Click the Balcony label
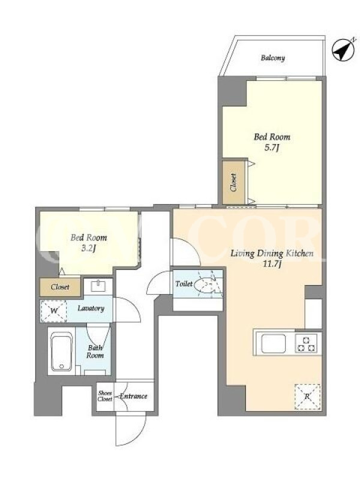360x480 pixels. coord(273,58)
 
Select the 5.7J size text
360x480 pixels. coord(272,148)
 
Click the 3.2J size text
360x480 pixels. coord(89,248)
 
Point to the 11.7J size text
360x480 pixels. coord(272,265)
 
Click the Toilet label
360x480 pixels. coord(184,284)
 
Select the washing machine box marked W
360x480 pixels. coord(53,311)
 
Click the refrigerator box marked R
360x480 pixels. coord(307,397)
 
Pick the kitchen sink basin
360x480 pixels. coord(274,343)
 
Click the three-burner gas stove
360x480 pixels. coord(307,343)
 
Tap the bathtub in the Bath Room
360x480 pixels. coord(62,352)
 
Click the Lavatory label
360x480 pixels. coord(91,308)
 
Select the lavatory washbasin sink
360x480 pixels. coord(98,286)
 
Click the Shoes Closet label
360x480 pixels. coord(104,396)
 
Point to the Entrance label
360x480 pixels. coord(133,396)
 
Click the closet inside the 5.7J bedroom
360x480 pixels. coord(233,182)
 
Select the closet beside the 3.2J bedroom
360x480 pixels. coord(60,287)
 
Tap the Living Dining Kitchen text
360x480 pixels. coord(272,253)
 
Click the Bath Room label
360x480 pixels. coord(95,352)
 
